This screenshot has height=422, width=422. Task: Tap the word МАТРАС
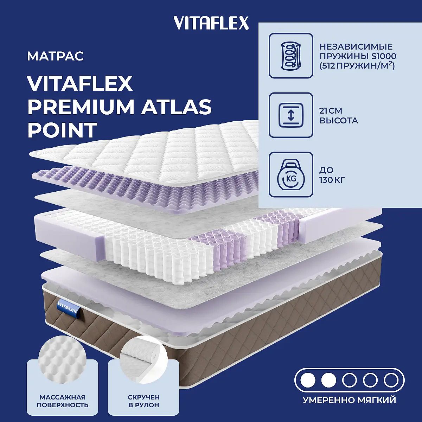pyautogui.click(x=56, y=56)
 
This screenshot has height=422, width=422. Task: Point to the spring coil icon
pyautogui.click(x=291, y=56)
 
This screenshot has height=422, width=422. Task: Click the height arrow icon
pyautogui.click(x=291, y=115)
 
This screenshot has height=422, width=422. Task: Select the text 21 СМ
pyautogui.click(x=331, y=111)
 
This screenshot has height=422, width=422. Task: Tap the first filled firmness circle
pyautogui.click(x=308, y=381)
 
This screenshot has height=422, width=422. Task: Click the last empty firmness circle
pyautogui.click(x=391, y=381)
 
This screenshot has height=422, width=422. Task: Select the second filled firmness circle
pyautogui.click(x=328, y=381)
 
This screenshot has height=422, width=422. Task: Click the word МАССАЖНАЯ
pyautogui.click(x=63, y=397)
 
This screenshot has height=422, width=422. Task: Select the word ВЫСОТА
pyautogui.click(x=339, y=121)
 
